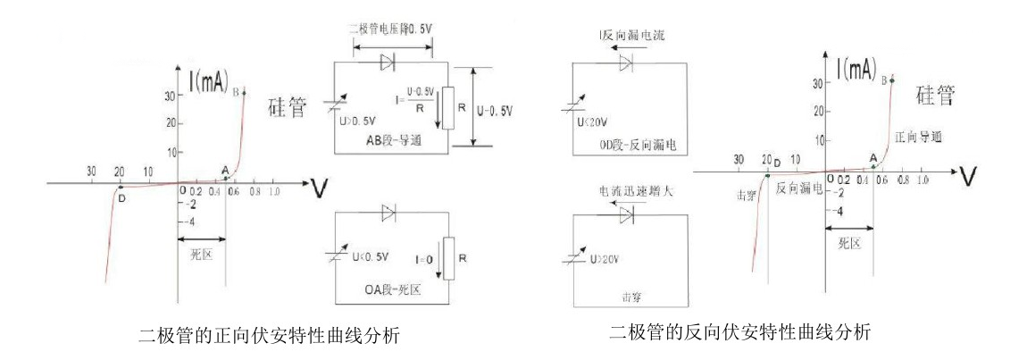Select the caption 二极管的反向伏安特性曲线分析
739,331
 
